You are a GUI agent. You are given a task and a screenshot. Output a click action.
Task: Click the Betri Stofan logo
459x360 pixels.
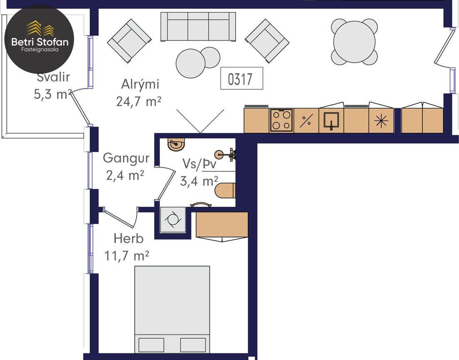pos(39,39)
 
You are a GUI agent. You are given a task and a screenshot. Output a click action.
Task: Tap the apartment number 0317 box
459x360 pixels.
pos(242,78)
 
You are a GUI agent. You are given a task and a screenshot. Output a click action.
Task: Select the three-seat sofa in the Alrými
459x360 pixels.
pos(198,27)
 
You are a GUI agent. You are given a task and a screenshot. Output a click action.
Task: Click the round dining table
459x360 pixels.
pos(354,42)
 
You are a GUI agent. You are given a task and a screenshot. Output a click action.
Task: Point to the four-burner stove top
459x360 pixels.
pos(281,120)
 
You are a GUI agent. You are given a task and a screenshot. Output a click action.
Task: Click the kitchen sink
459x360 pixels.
pos(331,120)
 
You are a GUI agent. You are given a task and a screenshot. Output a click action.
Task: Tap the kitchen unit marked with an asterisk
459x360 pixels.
pos(381,120)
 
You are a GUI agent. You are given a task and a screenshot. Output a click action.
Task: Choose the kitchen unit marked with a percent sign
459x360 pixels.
pos(306,120)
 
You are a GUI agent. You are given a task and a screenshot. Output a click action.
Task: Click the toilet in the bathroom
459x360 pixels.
pos(225,191)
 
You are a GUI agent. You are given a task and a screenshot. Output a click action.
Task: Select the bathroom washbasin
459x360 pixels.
pos(177,144)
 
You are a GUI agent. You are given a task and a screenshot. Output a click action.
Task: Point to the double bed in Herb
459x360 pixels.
pos(172,309)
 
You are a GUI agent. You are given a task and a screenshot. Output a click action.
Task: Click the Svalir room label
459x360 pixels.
pos(53,77)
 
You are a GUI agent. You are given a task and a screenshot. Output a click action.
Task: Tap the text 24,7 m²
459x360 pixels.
pos(138,101)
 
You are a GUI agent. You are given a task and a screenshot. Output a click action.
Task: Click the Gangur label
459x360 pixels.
pos(126,158)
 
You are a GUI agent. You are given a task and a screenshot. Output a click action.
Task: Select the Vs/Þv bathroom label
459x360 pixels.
pos(199,164)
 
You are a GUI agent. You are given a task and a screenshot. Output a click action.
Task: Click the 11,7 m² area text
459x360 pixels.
pos(126,256)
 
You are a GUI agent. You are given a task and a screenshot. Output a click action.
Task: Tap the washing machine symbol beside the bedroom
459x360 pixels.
pos(173,220)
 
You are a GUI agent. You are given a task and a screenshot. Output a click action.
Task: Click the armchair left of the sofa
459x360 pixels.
pos(129,41)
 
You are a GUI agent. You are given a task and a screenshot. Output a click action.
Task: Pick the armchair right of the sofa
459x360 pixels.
pos(267,41)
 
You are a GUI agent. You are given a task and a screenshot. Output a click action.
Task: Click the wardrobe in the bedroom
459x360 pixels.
pos(222,225)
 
